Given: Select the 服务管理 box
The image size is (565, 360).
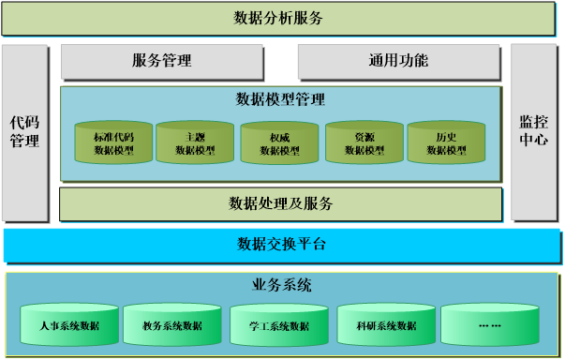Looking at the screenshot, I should click(161, 62).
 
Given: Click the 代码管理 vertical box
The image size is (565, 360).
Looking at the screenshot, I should click(24, 132).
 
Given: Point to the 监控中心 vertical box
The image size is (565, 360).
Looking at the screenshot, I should click(533, 132).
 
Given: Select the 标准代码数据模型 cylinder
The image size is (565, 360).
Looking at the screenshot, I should click(113, 143).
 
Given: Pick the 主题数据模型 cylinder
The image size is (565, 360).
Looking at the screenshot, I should click(195, 143).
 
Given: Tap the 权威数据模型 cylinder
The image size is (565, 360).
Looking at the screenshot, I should click(279, 143).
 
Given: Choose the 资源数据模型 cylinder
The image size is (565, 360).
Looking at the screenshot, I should click(364, 143).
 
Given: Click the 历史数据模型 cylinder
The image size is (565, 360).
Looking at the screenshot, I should click(446, 143).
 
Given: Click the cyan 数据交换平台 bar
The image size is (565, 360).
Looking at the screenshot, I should click(281, 245).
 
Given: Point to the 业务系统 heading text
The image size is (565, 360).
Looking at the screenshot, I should click(281, 285).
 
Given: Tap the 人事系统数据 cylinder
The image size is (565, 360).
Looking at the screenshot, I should click(70, 325).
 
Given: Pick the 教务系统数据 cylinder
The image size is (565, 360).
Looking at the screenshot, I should click(171, 325).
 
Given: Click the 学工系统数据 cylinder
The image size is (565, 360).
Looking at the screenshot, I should click(279, 325).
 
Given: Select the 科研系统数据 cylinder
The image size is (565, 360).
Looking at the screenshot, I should click(386, 325).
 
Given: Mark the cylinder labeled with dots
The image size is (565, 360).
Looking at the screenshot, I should click(490, 325).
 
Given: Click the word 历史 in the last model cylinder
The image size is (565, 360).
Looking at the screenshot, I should click(446, 137).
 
